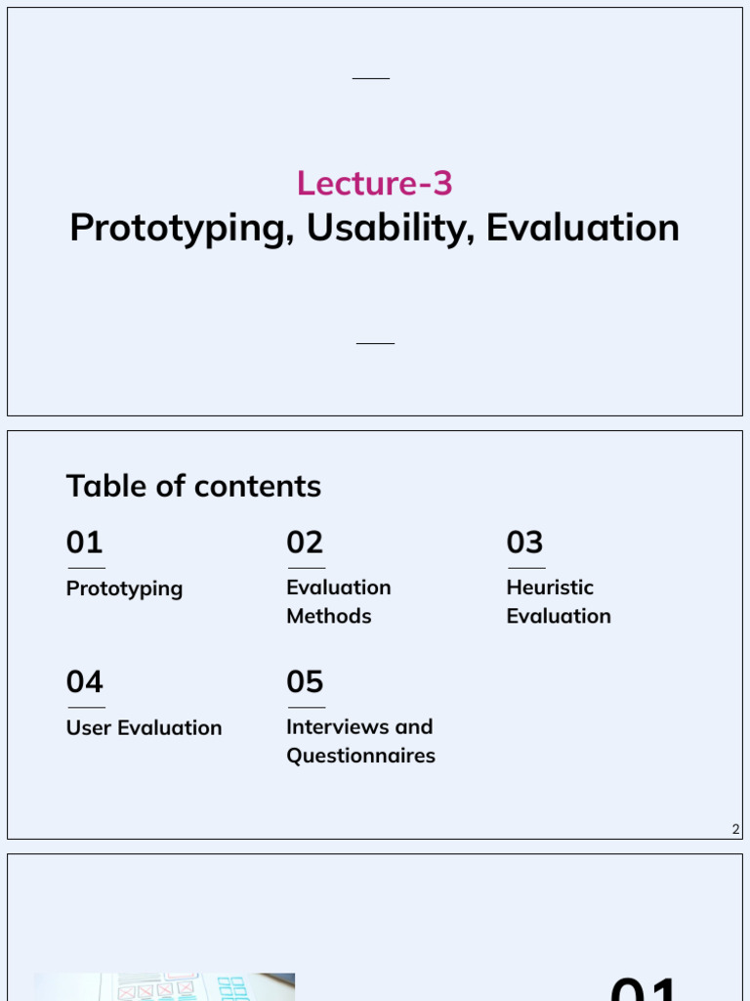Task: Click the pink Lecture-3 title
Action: click(375, 184)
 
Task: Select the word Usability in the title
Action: click(391, 229)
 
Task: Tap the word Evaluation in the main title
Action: click(582, 228)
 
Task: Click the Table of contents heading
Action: click(193, 486)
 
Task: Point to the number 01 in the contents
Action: click(85, 543)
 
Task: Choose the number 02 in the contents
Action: click(305, 543)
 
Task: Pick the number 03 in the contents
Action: click(525, 543)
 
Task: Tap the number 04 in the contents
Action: click(85, 682)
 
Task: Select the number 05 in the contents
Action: click(305, 682)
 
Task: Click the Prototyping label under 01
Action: click(124, 588)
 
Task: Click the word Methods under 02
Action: click(328, 616)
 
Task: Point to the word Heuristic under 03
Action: click(550, 588)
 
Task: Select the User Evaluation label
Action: click(144, 728)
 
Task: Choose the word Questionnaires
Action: click(360, 756)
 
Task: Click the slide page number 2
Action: click(736, 830)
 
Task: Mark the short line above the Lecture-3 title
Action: click(371, 78)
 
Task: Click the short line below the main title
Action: click(375, 344)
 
